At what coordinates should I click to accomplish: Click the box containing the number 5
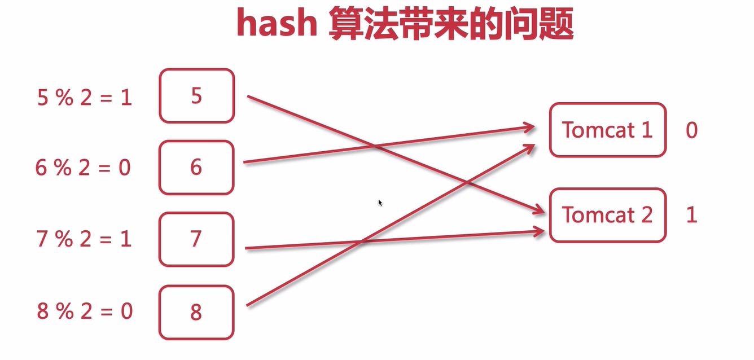point(196,96)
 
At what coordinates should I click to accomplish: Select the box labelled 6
point(196,168)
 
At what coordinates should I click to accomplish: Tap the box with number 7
point(196,239)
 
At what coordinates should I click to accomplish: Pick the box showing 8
point(196,312)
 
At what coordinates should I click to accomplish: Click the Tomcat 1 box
point(607,130)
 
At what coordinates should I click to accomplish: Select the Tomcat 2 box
point(607,215)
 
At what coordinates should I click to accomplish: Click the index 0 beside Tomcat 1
point(691,130)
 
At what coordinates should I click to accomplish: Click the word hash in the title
point(276,24)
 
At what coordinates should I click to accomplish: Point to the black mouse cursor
point(380,202)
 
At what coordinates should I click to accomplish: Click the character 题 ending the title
point(556,25)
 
